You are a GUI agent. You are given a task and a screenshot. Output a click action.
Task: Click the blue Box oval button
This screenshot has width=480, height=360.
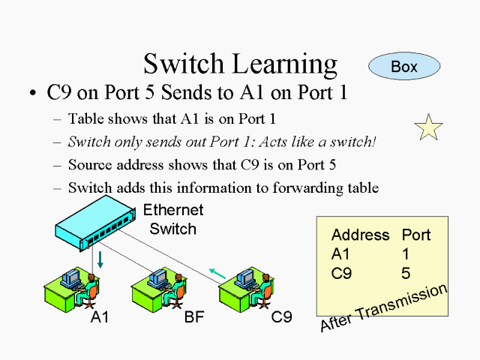(403, 67)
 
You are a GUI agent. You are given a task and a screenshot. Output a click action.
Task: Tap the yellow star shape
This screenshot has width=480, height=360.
(429, 128)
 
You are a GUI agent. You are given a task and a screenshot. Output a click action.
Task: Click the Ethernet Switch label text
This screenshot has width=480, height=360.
(172, 219)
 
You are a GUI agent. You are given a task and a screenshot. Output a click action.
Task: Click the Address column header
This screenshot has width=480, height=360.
(360, 235)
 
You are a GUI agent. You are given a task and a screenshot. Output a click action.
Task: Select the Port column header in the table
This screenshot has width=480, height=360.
(416, 235)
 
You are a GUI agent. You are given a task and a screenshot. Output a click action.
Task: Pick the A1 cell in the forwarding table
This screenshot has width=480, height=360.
(340, 254)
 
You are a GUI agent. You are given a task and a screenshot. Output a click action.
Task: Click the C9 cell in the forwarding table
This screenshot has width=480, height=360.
(341, 274)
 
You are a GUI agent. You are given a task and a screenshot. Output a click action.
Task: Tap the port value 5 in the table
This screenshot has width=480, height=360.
(406, 274)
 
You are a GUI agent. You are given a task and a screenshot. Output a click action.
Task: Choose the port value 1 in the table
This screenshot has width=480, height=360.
(406, 254)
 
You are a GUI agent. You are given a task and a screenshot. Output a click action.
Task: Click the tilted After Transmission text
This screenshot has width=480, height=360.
(383, 307)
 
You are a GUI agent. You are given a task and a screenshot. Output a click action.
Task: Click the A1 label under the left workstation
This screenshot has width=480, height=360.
(100, 317)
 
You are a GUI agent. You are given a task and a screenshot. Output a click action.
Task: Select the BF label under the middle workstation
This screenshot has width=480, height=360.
(193, 317)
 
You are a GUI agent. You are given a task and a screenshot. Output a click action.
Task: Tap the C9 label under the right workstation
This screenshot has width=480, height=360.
(281, 317)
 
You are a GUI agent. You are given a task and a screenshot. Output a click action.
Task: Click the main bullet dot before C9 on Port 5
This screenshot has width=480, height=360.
(32, 94)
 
